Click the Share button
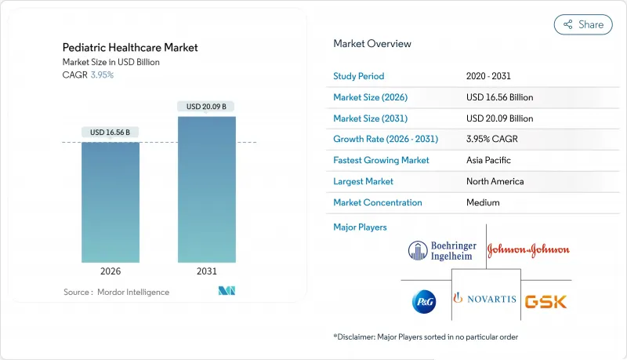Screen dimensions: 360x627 (x=583, y=24)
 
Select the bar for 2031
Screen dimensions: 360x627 (x=206, y=189)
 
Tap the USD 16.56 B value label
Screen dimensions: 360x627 (x=111, y=132)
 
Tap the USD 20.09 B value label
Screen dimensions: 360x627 (x=207, y=106)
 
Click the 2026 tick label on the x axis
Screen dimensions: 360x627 (x=111, y=272)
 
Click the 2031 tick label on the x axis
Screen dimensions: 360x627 (x=206, y=272)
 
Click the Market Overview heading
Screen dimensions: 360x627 (x=372, y=44)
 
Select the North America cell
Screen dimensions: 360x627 (x=493, y=181)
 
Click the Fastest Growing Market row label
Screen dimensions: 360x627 (x=382, y=160)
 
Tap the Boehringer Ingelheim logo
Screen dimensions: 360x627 (x=442, y=250)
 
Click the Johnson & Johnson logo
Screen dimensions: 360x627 (x=528, y=250)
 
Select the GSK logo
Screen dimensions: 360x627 (x=545, y=301)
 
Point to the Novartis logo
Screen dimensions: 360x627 (x=486, y=300)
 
